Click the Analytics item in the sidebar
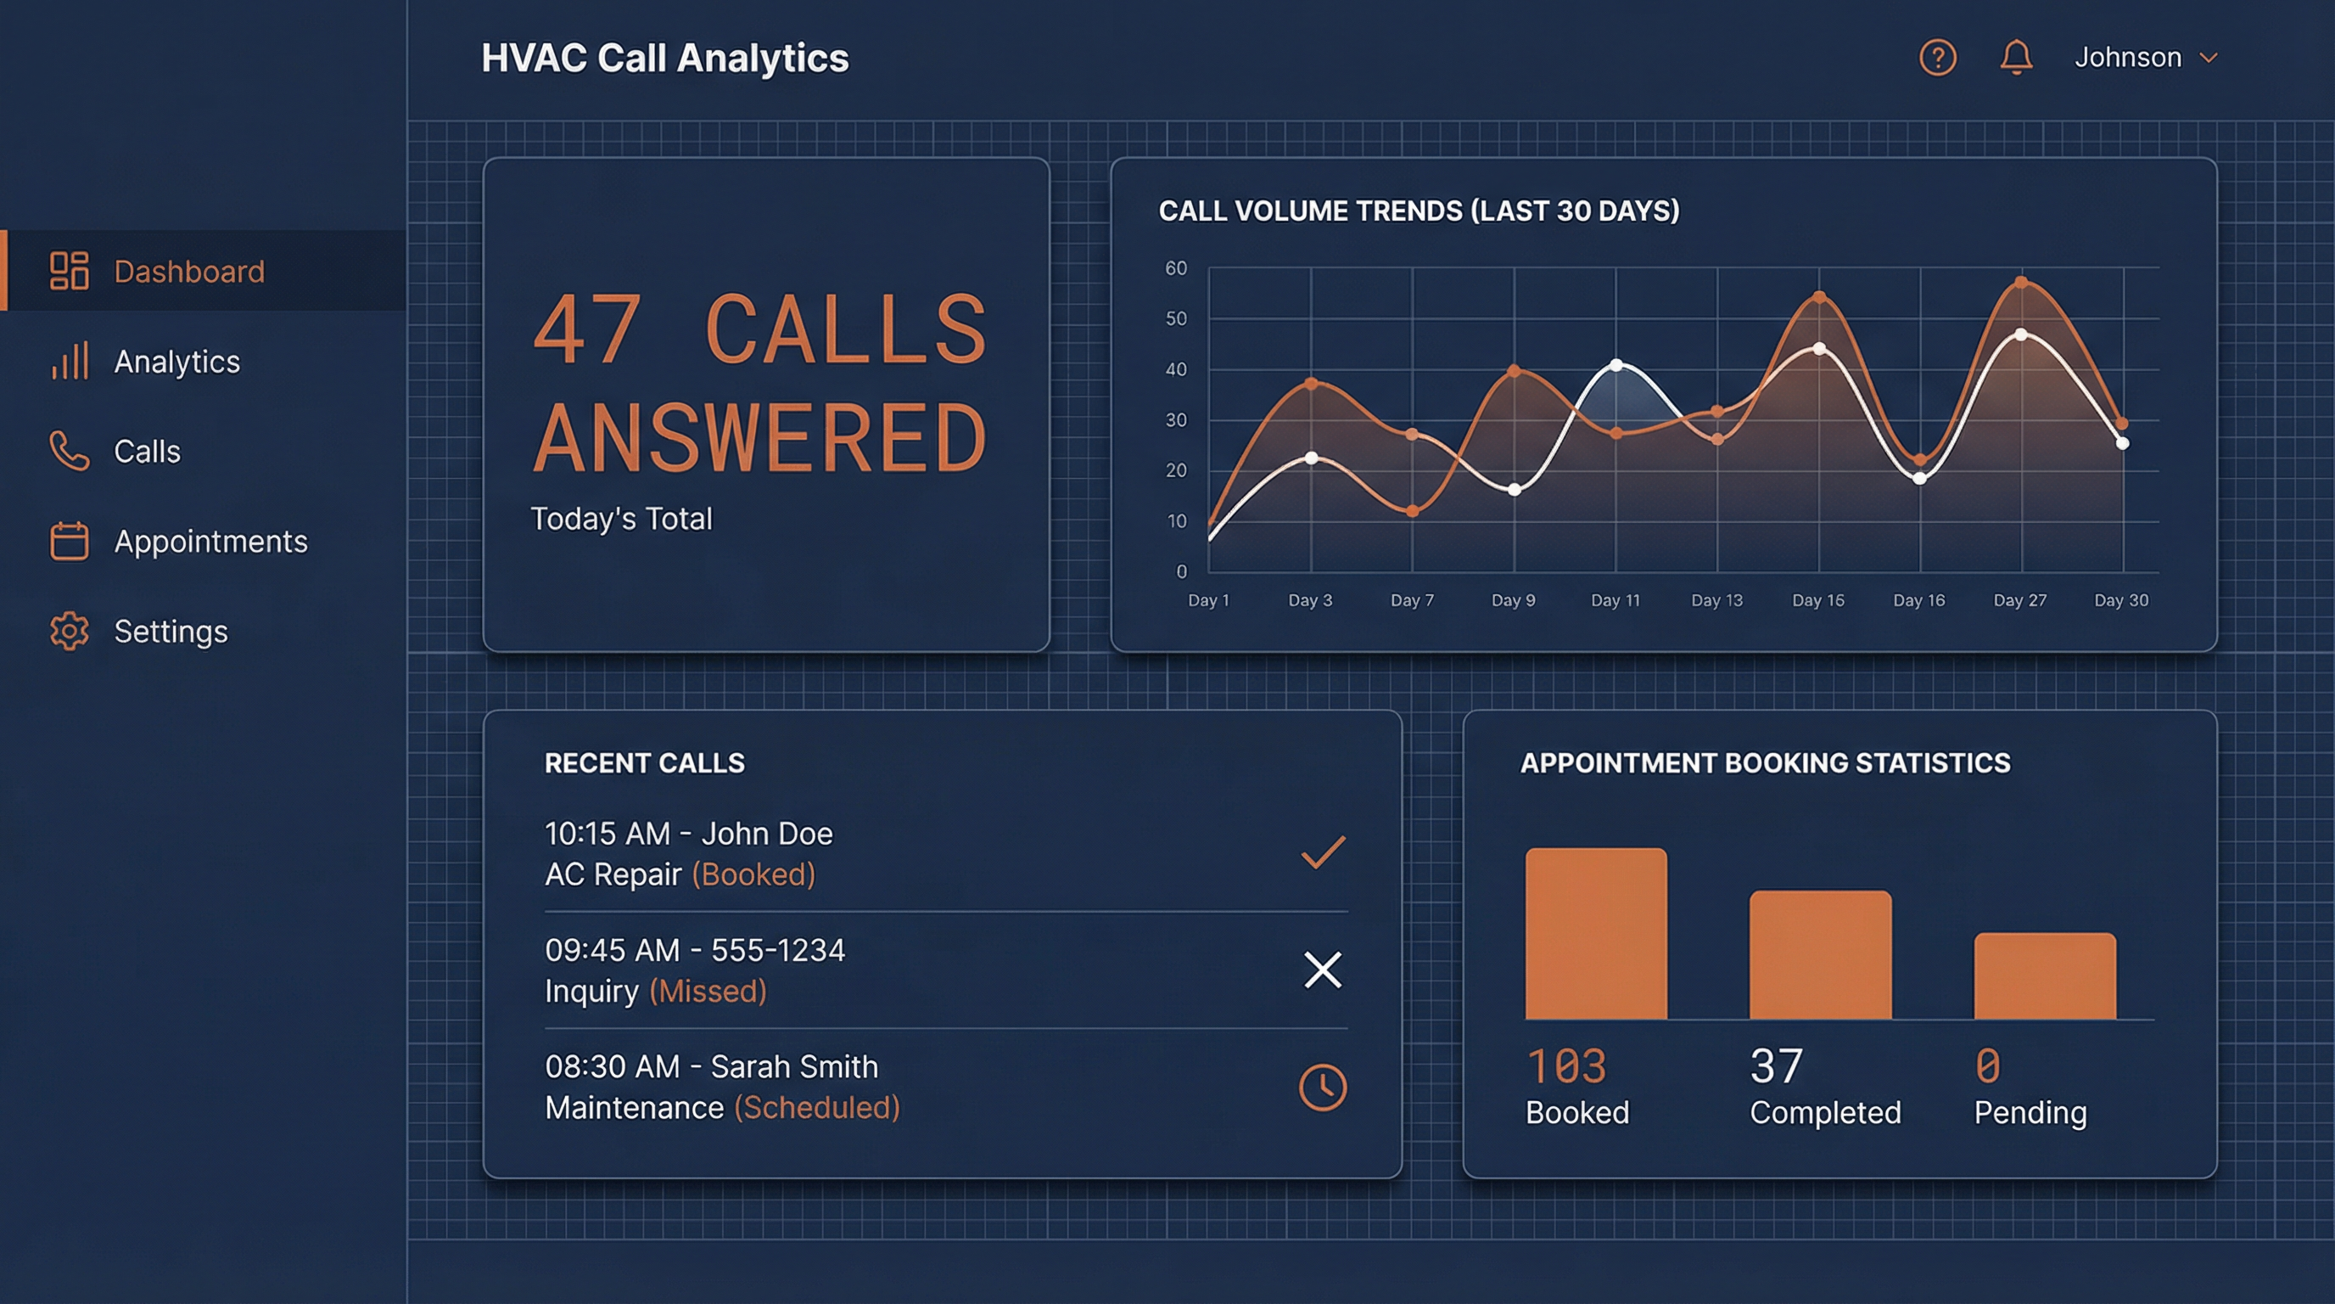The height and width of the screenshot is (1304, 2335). (x=176, y=361)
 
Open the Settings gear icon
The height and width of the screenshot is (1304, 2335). (x=69, y=631)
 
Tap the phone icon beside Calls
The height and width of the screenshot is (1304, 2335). (x=69, y=451)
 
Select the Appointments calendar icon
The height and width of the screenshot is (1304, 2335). (x=69, y=542)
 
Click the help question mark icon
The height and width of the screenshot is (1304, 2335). (x=1937, y=58)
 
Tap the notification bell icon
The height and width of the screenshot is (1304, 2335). (x=2016, y=58)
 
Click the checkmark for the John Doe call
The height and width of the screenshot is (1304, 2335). (x=1323, y=852)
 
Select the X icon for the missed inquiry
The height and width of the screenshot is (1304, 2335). (x=1323, y=970)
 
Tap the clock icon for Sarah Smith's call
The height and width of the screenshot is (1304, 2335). (x=1323, y=1087)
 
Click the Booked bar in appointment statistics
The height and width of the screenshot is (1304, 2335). (x=1595, y=934)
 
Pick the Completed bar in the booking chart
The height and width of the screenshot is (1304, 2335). (x=1820, y=955)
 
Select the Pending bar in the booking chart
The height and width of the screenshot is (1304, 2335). (x=2045, y=975)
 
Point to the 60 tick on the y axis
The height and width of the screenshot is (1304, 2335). (x=1176, y=268)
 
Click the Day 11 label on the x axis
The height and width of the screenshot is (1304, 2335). (x=1615, y=600)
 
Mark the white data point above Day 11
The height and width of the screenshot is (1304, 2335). (x=1616, y=365)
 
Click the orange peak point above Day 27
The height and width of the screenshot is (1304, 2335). (x=2021, y=283)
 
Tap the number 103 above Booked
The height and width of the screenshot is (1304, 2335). (x=1566, y=1065)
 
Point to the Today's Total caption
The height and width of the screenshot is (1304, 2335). (x=621, y=519)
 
